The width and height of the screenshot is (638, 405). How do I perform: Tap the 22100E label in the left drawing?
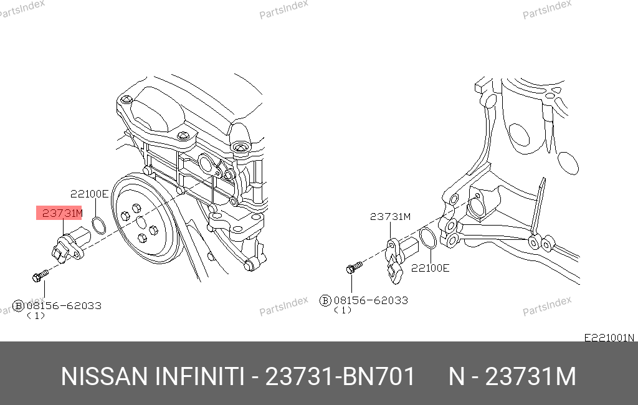90,194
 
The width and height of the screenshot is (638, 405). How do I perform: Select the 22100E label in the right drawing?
430,268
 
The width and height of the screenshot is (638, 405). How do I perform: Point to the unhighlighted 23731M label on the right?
390,217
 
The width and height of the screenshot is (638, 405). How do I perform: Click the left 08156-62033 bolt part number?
64,306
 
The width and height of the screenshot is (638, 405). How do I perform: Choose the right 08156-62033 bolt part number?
371,300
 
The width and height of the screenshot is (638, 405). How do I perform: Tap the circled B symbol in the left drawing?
18,306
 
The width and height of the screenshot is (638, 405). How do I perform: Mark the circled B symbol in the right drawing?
325,301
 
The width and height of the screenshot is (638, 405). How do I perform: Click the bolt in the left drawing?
40,275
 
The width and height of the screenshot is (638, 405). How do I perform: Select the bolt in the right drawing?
354,267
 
